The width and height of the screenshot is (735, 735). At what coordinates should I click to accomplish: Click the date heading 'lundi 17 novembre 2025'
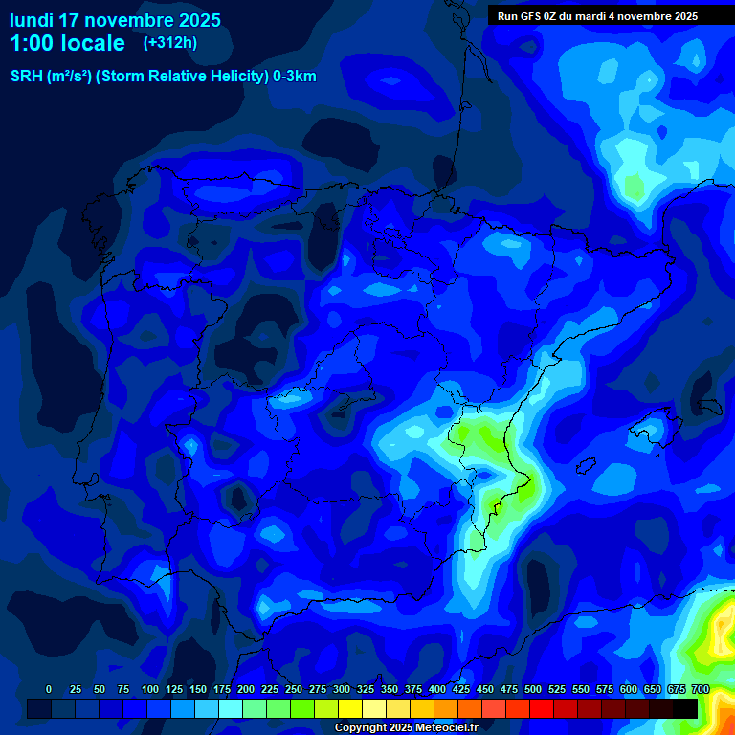coord(115,20)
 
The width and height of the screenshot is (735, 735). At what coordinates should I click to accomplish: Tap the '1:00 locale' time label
coord(67,43)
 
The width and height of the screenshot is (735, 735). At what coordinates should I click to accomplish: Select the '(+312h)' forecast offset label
coord(169,43)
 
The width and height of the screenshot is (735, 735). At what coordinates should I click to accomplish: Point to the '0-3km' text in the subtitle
coord(295,77)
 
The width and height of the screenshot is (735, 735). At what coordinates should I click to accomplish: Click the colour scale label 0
coord(49,689)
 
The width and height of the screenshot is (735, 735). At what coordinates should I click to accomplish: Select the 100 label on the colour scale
coord(149,689)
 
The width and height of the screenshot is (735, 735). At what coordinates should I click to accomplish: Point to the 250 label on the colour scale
coord(294,689)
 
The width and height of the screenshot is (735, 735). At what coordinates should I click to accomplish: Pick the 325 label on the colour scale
coord(366,689)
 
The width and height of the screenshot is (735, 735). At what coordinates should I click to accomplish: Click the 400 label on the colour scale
coord(437,689)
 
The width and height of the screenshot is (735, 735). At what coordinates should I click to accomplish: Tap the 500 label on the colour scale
coord(533,689)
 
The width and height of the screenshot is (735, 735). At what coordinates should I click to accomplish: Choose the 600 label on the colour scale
coord(629,689)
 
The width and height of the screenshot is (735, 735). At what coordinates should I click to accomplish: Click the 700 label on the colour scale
coord(700,689)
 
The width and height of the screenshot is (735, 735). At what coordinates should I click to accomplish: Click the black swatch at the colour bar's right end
coord(685,708)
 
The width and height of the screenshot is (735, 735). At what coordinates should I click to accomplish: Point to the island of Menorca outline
coord(711,407)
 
